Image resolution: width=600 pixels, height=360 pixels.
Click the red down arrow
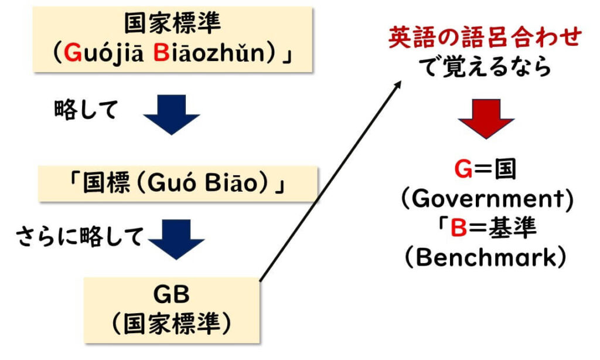(486, 118)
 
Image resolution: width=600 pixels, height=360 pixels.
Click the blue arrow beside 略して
(172, 114)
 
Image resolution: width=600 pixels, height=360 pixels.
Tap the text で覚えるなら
(486, 67)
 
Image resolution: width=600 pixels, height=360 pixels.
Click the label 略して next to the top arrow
(86, 110)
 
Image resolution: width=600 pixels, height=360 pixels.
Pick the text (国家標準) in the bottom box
(172, 323)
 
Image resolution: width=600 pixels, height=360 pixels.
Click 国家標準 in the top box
(171, 25)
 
